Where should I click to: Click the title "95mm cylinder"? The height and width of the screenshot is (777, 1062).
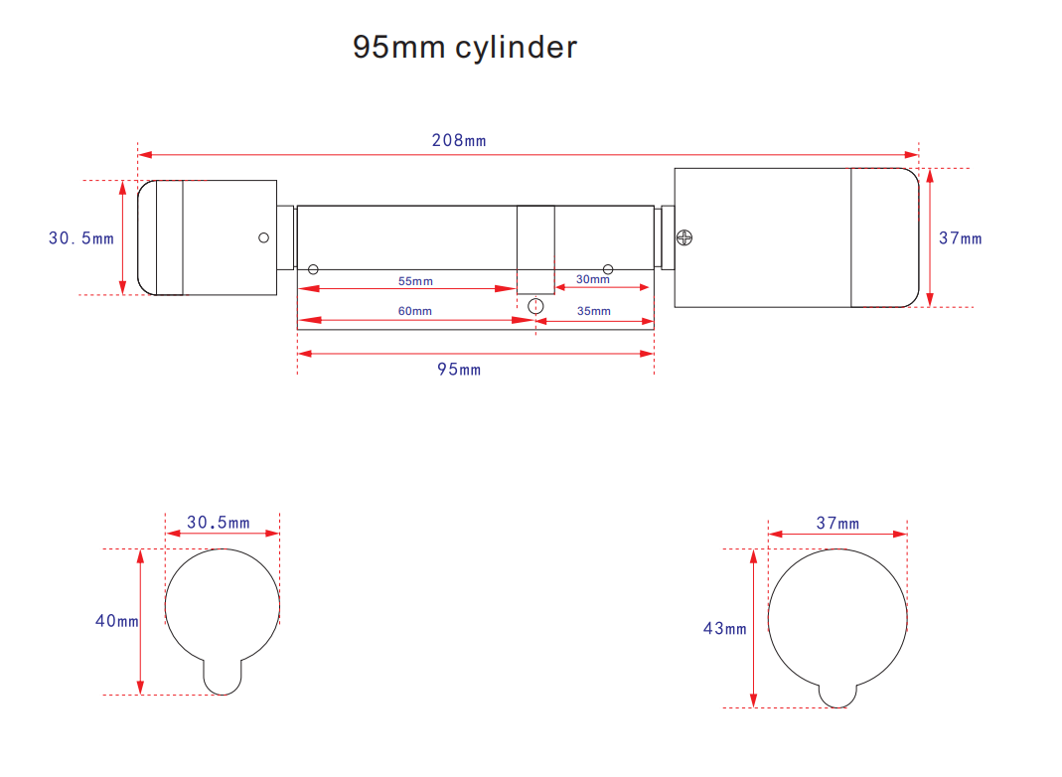(465, 48)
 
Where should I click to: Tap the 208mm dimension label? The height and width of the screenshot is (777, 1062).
(459, 140)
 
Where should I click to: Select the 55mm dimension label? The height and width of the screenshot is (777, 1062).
(415, 281)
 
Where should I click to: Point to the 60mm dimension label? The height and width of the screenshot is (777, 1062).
(414, 311)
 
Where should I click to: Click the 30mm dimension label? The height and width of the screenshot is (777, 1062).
(593, 279)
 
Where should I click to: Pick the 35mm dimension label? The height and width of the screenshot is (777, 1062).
(593, 311)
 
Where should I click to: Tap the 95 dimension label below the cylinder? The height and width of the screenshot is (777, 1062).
(459, 370)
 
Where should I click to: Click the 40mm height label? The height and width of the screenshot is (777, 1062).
(116, 621)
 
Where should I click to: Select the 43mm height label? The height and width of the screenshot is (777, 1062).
(724, 629)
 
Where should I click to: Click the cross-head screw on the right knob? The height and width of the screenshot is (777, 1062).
(684, 237)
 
